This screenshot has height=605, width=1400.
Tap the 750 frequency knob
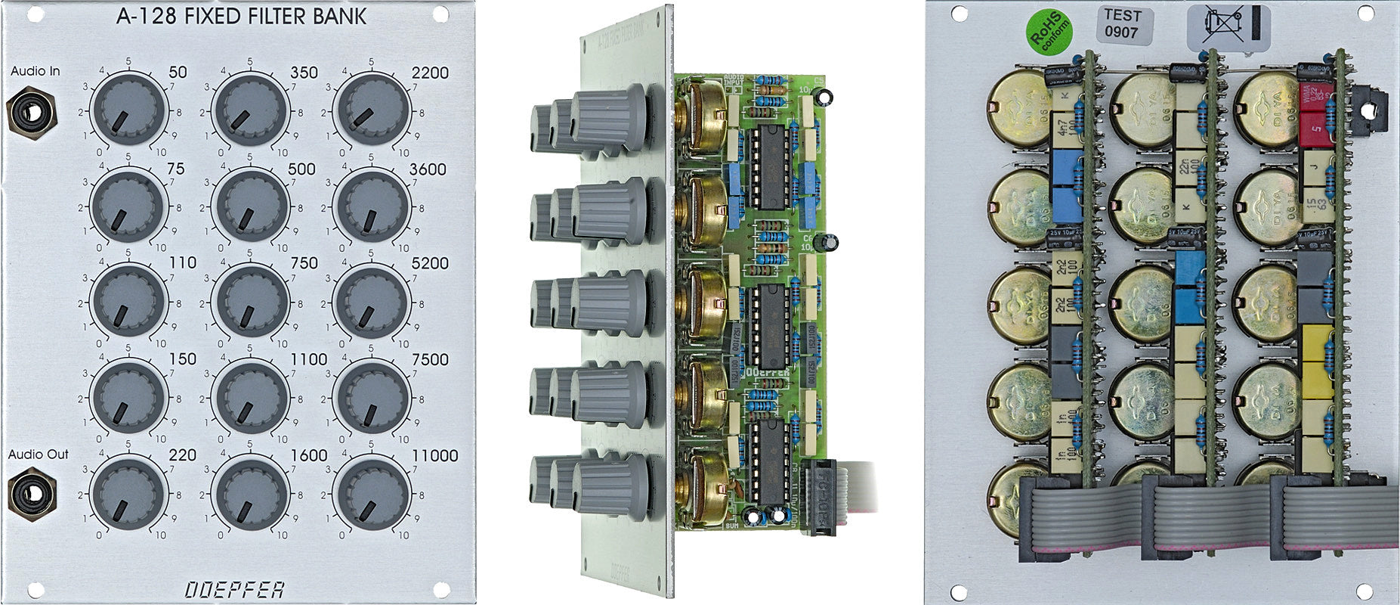(250, 301)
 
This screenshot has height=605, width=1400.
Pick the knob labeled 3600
(371, 206)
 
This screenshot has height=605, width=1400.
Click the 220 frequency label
(182, 455)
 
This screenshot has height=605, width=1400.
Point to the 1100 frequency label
(308, 360)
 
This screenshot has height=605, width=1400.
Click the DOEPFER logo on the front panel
(235, 589)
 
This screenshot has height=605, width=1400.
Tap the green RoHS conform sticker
(1047, 33)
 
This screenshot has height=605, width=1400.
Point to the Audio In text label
(35, 71)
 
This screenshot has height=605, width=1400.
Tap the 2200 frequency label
(430, 73)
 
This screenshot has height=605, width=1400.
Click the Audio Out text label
(38, 455)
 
